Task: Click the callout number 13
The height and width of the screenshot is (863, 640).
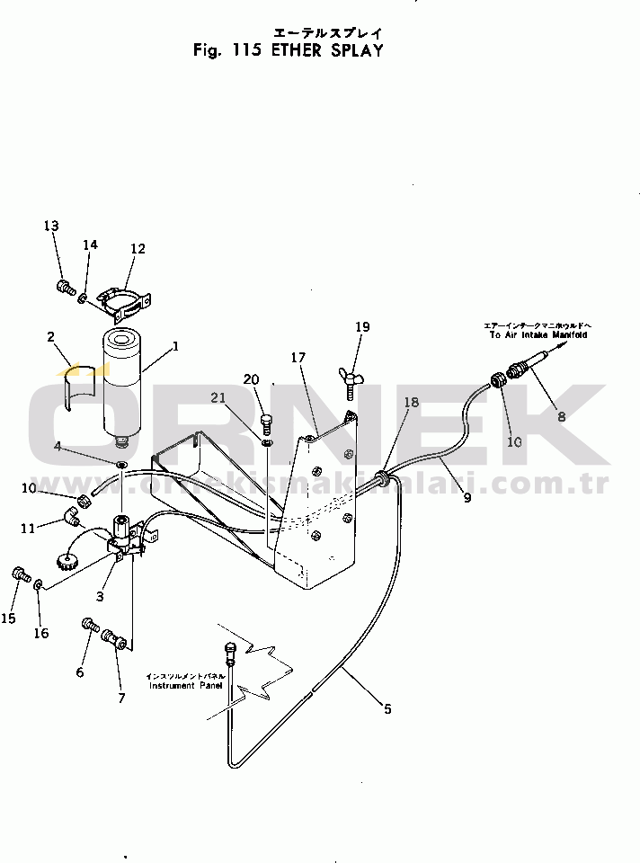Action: point(50,226)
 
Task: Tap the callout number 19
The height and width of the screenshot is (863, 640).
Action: point(361,327)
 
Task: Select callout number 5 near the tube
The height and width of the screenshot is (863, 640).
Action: point(387,709)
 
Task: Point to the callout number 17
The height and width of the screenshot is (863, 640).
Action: point(299,358)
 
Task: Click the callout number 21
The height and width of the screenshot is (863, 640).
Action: point(218,397)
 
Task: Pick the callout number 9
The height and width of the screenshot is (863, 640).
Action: point(467,497)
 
